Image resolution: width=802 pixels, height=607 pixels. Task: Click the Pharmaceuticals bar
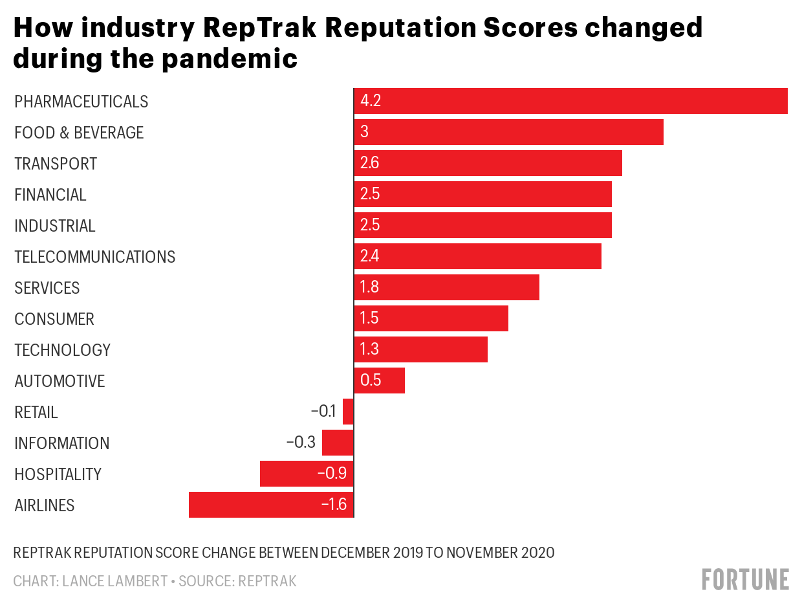[x=570, y=101]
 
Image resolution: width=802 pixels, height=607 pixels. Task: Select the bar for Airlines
[x=272, y=505]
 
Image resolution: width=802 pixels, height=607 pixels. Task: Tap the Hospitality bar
[x=307, y=474]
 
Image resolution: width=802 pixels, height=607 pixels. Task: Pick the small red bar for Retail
[x=348, y=412]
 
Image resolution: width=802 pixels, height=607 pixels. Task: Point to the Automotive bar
[x=380, y=381]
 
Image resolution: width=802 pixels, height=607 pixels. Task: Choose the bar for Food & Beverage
[x=508, y=132]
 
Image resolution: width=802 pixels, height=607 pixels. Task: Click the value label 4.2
[x=371, y=101]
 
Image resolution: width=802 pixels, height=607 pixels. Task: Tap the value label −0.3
[x=301, y=443]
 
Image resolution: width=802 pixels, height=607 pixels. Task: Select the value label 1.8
[x=369, y=287]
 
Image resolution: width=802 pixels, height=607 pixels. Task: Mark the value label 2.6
[x=370, y=163]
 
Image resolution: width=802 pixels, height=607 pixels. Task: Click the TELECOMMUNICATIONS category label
[x=94, y=257]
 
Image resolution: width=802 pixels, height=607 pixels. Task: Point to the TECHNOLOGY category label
[x=62, y=350]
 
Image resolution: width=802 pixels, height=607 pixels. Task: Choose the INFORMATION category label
[x=61, y=443]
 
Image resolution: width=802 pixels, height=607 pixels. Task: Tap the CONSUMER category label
[x=54, y=319]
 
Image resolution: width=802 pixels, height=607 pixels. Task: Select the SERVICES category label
[x=47, y=288]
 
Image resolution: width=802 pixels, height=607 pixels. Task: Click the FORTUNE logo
[x=745, y=579]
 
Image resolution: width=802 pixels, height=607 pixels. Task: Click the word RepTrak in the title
[x=283, y=28]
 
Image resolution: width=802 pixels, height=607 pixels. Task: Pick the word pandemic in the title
[x=230, y=59]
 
